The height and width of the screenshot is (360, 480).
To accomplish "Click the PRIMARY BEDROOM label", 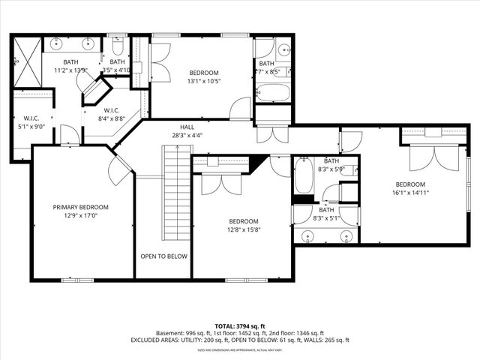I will tap(81, 207).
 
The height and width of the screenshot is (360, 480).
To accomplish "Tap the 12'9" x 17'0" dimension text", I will tap(81, 217).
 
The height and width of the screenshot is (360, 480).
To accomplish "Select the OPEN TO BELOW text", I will tap(164, 256).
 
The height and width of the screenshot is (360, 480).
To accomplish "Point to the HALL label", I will tap(187, 127).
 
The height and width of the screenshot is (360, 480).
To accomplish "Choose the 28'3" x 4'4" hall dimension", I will tap(187, 136).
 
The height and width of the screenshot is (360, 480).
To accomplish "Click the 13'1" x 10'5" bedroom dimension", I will tap(203, 82).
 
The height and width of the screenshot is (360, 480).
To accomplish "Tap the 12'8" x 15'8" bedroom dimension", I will tap(244, 230).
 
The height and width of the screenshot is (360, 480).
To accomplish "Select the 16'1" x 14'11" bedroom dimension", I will tap(411, 193).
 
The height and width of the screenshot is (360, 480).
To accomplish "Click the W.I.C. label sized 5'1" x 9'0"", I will tap(31, 127).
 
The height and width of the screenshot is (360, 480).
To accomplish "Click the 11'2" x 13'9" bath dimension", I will tap(71, 70).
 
